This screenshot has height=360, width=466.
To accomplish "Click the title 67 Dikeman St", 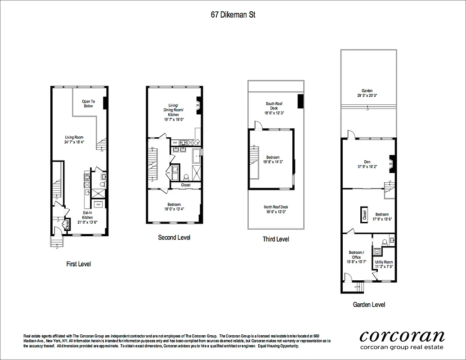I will point(233,14).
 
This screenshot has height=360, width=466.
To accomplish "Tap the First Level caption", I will point(78,264).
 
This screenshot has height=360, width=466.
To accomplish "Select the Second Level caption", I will point(174,237).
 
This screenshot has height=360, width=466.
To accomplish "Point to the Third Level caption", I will point(276,239).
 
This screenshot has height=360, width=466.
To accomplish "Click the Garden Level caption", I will point(368,305).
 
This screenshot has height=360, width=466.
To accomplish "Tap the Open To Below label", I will point(88,104).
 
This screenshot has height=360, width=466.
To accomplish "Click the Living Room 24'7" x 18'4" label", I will point(74,139).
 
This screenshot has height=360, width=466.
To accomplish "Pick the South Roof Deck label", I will point(274,108).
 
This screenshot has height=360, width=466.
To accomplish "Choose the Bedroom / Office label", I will point(356,257).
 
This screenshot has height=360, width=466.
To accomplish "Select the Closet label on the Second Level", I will point(185,185).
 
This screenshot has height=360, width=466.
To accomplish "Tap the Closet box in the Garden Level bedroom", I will point(364,214).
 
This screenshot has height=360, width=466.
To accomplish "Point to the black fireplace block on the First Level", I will point(105,103).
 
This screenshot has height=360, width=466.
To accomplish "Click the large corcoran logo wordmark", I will point(402,336).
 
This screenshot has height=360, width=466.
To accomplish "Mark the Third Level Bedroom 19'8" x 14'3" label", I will point(273,160).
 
